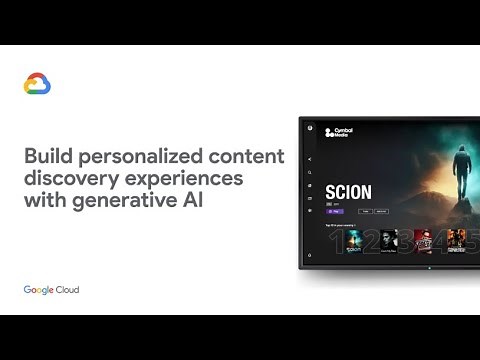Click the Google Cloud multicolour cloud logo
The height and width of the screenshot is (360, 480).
(37, 85)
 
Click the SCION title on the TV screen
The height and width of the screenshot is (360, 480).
(348, 192)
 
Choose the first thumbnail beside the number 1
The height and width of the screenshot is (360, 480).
(354, 240)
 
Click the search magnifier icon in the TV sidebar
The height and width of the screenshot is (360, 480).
(310, 172)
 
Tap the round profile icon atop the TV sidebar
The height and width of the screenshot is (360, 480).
(310, 127)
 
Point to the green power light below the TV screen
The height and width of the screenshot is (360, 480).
(430, 268)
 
